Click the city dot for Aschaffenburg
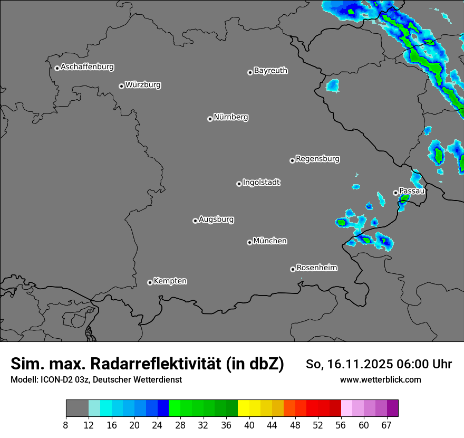point(57,68)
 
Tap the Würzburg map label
point(143,85)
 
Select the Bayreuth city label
point(270,71)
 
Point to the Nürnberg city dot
point(210,119)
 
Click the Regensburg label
point(317,159)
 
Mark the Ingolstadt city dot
point(239,184)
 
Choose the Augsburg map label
point(216,220)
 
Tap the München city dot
point(249,243)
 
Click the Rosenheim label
point(317,268)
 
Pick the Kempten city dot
point(150,282)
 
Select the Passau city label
point(412,191)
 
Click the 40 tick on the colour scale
point(249,425)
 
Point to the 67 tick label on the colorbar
point(386,425)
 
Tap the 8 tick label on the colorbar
point(66,425)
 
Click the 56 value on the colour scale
point(341,425)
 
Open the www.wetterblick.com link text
point(381,380)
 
